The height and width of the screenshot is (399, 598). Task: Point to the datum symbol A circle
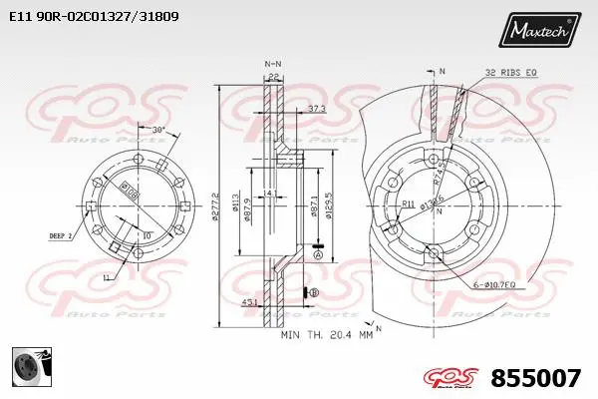click(x=318, y=254)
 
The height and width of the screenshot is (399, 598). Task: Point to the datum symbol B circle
click(x=313, y=292)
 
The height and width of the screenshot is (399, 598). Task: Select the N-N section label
click(x=272, y=62)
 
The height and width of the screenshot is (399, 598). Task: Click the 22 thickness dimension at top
click(x=272, y=75)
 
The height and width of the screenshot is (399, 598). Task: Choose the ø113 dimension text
click(x=234, y=205)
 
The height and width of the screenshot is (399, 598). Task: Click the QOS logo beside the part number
click(x=450, y=377)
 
